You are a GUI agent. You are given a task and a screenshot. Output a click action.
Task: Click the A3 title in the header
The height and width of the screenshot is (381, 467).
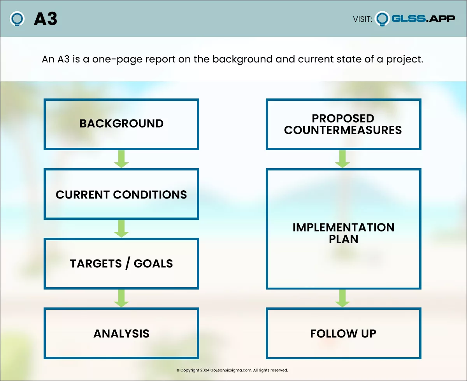45,19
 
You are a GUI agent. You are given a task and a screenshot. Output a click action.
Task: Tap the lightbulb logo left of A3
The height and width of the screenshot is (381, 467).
18,19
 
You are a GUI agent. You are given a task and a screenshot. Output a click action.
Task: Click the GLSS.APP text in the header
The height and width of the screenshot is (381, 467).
423,18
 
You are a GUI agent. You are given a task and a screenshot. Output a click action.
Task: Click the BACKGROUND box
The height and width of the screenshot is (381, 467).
121,124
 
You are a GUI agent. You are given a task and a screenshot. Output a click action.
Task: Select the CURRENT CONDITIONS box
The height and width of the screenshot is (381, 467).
121,194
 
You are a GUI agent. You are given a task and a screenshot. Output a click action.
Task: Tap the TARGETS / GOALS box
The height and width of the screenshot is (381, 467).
121,263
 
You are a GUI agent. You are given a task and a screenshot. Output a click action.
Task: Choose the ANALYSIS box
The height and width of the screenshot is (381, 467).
121,334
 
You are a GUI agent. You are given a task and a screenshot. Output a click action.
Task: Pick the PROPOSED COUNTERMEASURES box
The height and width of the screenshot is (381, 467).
343,124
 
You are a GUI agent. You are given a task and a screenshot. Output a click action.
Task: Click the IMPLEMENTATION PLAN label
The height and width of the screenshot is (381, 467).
343,233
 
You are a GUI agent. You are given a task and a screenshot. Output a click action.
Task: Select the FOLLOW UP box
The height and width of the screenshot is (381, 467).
343,334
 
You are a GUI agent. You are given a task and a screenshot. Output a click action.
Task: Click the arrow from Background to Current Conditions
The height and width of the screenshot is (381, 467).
121,159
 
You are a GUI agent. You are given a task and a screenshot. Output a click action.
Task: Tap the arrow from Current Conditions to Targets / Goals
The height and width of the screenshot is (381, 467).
121,229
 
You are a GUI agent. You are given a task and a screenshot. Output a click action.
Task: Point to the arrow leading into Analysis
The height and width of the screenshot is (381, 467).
121,298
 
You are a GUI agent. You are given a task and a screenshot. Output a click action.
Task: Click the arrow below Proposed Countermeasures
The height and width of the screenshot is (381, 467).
342,159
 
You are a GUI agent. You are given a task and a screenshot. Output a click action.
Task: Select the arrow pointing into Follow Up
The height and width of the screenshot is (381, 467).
342,298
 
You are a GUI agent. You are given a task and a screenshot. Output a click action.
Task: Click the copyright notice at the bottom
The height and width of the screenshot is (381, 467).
232,370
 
